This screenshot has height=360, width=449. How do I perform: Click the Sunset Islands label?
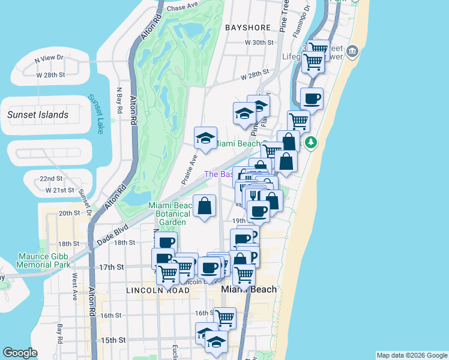tap(37, 115)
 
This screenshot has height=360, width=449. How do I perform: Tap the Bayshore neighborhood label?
tap(248, 28)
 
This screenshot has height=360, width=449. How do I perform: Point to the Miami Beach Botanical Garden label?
tap(172, 214)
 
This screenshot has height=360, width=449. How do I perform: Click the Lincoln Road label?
tap(158, 290)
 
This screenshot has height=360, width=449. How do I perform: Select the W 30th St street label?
tap(259, 43)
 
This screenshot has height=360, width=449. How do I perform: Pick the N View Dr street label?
tap(49, 59)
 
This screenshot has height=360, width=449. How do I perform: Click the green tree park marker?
tap(310, 142)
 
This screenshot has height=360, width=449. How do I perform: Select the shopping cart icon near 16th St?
tap(224, 317)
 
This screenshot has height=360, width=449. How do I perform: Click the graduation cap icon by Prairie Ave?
tap(205, 138)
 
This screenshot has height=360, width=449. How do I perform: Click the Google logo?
tap(20, 353)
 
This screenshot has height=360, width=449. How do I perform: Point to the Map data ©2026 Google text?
tap(411, 355)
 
